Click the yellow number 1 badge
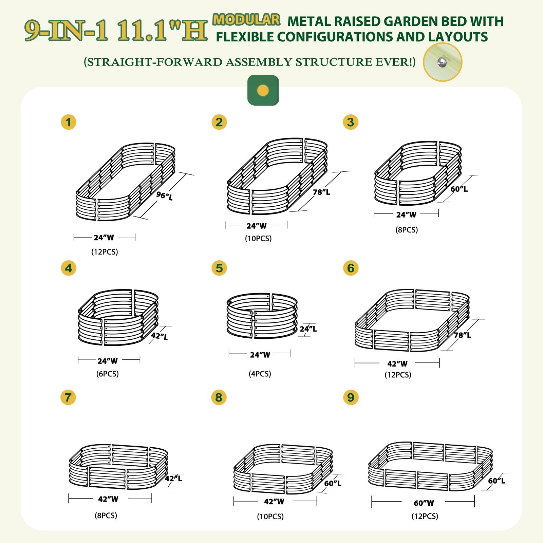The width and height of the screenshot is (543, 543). coord(69,122)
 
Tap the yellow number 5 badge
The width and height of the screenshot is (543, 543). coord(219,268)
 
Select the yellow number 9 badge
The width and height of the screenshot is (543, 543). coord(351,397)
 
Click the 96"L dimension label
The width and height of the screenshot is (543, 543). coord(165,195)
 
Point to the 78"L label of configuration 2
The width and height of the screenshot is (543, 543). coord(321,192)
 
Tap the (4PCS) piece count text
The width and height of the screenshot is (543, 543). coord(260,374)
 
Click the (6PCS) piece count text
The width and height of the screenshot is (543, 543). coord(108,374)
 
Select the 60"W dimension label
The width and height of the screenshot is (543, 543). coord(424,503)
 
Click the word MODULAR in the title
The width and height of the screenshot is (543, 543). coord(247,20)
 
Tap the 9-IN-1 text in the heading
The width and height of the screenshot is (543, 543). coord(66,31)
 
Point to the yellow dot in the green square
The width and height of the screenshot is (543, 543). coord(263,90)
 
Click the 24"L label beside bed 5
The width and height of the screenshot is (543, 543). coord(308,329)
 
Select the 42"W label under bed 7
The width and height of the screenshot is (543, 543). coord(108,499)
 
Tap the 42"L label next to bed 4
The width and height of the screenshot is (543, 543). coord(160,336)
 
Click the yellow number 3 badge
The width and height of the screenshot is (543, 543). coord(351,122)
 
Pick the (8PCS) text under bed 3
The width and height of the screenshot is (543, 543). coord(407,230)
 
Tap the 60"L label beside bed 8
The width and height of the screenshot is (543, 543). coord(333,483)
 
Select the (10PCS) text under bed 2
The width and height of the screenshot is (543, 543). coord(258,239)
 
